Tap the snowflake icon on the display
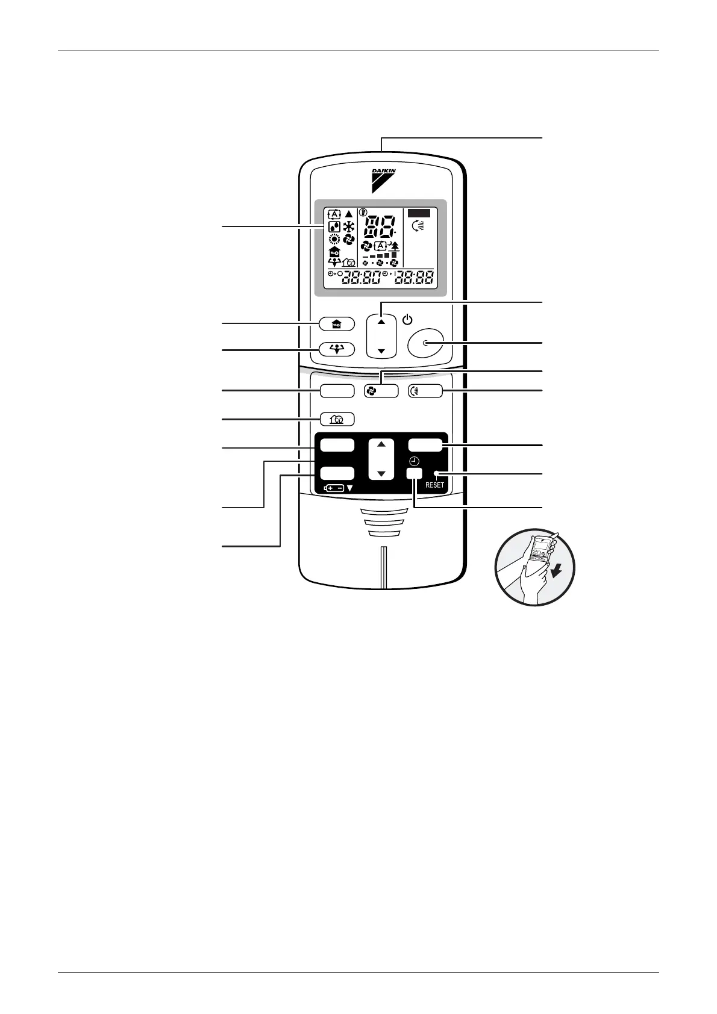tap(349, 227)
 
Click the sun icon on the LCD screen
tap(334, 240)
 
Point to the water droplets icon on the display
tap(334, 227)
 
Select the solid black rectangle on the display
tap(419, 213)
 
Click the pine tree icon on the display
tap(395, 245)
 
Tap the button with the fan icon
tap(381, 391)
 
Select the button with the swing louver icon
tap(425, 391)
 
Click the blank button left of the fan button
tap(337, 391)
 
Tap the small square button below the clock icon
tap(414, 473)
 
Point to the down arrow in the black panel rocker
tap(381, 474)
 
